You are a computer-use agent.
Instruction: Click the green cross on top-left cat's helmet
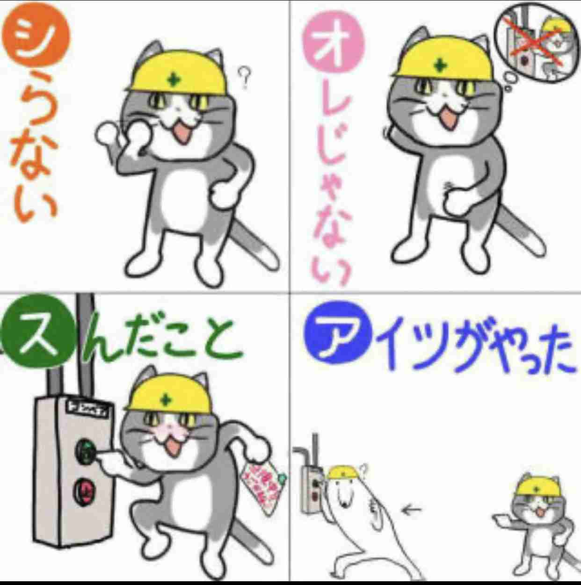click(174, 80)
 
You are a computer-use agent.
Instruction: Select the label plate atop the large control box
click(89, 405)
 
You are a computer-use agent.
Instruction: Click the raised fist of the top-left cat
click(108, 136)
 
